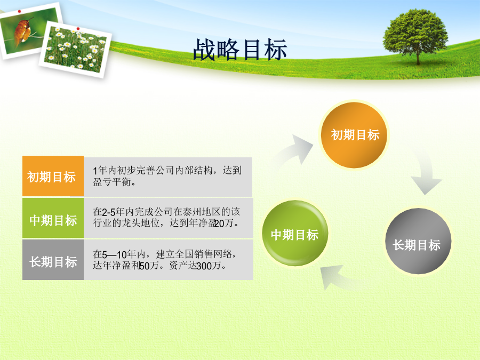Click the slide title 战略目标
[240, 49]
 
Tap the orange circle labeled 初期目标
[354, 135]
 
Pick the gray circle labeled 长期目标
[418, 241]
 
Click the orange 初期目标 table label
[53, 176]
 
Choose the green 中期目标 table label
[53, 218]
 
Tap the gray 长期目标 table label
[53, 260]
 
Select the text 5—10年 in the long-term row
[119, 254]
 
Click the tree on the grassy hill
[415, 36]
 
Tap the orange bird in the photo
[22, 32]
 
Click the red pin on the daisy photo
[78, 28]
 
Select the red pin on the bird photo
[19, 11]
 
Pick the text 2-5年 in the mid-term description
[113, 212]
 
